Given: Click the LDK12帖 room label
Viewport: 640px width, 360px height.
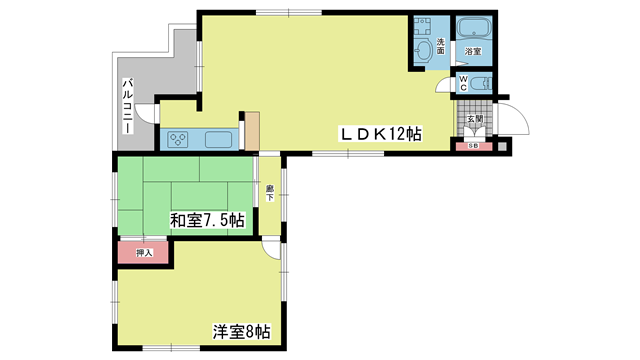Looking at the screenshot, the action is click(x=380, y=134).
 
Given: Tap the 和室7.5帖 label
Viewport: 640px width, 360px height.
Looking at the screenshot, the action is click(x=207, y=220).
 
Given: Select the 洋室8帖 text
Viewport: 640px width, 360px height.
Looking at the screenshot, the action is click(x=241, y=332).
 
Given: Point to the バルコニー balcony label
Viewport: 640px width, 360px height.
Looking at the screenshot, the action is click(x=128, y=106).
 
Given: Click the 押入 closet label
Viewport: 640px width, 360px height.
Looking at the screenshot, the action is click(x=144, y=253).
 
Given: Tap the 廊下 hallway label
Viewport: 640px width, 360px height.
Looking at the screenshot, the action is click(x=270, y=193).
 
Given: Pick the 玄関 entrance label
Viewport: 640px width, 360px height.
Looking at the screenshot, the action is click(x=475, y=119).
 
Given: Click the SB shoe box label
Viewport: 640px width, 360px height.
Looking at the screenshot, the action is click(x=474, y=146).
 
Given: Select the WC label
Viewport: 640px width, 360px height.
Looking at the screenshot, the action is click(x=463, y=83).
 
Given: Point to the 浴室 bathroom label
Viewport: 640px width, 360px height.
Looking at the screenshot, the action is click(x=473, y=51).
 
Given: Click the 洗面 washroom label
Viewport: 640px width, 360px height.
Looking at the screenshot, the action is click(x=441, y=46).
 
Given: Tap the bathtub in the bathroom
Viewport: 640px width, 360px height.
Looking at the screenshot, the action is click(x=474, y=29).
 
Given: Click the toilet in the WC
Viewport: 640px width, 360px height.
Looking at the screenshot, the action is click(x=481, y=84).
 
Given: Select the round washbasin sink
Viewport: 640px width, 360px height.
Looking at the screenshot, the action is click(x=424, y=51).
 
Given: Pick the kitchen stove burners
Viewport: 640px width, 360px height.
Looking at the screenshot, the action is click(x=178, y=140).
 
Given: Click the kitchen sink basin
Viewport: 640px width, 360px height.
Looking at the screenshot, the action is click(x=218, y=140).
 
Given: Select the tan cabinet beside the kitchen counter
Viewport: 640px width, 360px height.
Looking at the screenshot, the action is click(x=252, y=131).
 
